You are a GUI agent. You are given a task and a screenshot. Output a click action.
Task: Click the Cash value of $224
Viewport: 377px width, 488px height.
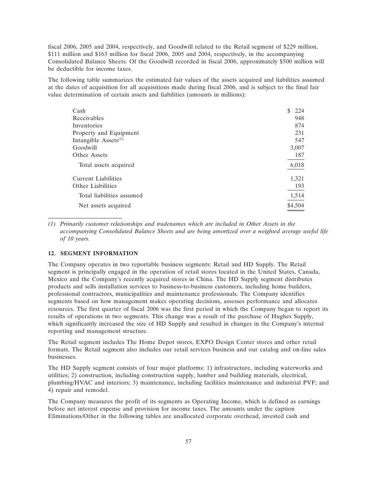296,111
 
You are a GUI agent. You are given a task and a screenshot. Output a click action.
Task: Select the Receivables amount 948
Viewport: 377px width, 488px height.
299,118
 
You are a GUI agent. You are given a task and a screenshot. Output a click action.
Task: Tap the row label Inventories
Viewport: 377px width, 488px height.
87,126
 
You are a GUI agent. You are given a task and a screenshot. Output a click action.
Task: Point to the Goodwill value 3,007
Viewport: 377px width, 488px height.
297,148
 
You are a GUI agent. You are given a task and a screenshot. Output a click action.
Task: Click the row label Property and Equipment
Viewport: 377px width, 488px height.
106,133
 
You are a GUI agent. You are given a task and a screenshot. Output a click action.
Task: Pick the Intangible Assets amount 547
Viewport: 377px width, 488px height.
299,140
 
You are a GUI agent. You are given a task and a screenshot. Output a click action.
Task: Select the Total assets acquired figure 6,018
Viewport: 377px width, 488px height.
297,165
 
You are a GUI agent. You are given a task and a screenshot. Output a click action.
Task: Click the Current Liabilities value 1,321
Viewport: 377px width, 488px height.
297,179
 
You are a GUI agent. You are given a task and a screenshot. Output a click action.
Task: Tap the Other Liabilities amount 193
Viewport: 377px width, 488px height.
299,186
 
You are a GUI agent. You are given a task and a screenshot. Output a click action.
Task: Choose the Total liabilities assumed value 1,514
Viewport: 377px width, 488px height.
297,196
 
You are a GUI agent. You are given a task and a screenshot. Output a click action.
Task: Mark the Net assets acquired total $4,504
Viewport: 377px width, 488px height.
296,206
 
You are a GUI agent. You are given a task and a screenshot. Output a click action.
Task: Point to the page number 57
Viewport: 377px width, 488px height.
188,442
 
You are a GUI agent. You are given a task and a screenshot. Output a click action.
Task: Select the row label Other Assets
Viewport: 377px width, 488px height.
90,155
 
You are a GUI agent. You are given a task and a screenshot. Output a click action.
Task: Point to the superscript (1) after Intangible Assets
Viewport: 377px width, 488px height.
121,139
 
